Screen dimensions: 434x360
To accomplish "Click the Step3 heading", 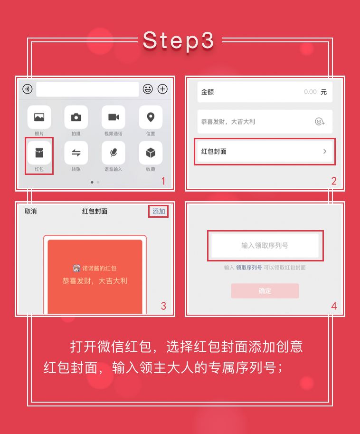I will point(179,41).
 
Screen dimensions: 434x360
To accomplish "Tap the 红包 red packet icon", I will point(39,153).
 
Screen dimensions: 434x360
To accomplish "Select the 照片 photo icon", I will point(39,117).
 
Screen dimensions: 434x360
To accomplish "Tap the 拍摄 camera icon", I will point(76,117).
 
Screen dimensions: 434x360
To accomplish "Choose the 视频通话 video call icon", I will point(113,117).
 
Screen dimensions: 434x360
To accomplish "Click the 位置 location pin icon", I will point(151,117).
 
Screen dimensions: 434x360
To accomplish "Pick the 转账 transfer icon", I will point(76,153).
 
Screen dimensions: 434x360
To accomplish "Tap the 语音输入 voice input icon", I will point(113,153).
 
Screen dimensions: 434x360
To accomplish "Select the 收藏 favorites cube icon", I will point(151,153).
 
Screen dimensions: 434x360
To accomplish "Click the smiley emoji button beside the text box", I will point(148,89).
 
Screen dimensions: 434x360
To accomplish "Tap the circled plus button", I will point(162,89).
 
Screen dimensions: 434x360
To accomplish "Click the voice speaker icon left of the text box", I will point(28,89).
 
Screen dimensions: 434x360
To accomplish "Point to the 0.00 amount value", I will point(310,92).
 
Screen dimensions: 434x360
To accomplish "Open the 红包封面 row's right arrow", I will point(325,151).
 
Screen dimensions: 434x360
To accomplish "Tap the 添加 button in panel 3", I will point(159,211).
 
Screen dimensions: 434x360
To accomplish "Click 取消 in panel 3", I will point(31,211).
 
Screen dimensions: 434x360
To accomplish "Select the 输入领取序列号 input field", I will point(265,245).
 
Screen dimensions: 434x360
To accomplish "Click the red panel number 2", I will point(334,181).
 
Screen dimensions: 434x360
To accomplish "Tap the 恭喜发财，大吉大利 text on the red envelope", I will point(95,280).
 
